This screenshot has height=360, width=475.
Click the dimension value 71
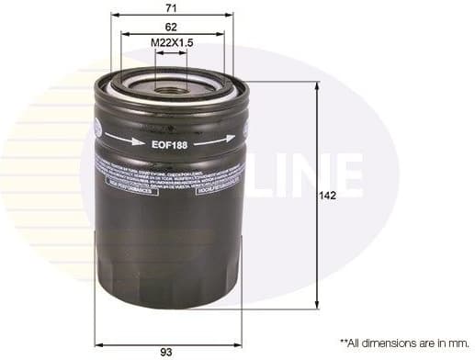171,6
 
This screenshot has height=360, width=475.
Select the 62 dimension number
171,27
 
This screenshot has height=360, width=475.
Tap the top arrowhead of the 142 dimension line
317,85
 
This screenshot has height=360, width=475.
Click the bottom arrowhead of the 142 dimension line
317,305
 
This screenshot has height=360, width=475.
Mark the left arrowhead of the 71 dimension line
114,15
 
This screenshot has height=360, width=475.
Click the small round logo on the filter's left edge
99,128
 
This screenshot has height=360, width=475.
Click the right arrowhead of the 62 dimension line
222,34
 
